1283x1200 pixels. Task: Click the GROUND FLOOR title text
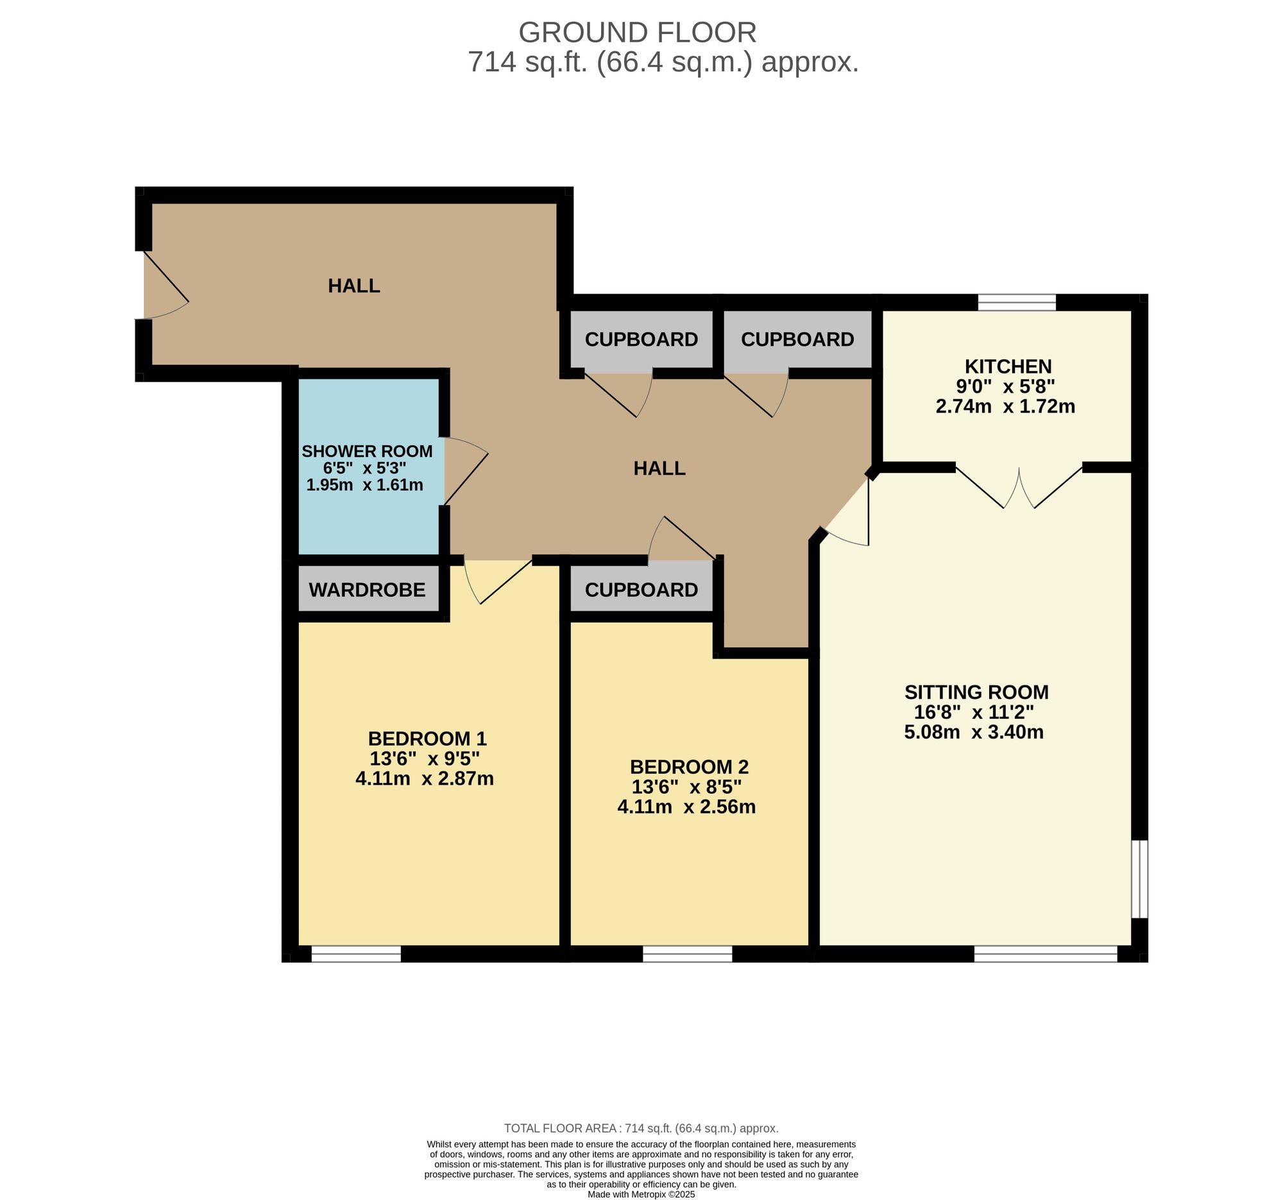[x=637, y=32]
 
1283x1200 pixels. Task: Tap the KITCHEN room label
[x=1007, y=366]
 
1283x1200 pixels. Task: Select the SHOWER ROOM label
[x=366, y=451]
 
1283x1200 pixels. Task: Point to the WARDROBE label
[x=366, y=589]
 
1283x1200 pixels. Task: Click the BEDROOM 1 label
[x=427, y=738]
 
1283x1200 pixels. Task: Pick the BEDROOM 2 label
[x=688, y=767]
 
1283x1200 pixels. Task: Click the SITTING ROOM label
[x=976, y=692]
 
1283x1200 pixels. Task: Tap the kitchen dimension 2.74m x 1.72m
[x=1005, y=407]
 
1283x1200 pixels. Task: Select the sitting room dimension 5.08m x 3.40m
[x=973, y=732]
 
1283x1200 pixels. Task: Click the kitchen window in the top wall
[x=1017, y=302]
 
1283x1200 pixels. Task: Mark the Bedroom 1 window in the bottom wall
[x=355, y=954]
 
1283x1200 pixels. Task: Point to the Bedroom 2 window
[x=687, y=954]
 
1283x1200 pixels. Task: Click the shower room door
[x=464, y=471]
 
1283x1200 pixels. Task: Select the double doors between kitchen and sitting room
[x=1019, y=487]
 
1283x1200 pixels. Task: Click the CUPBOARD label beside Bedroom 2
[x=641, y=589]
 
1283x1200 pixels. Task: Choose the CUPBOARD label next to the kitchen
[x=797, y=339]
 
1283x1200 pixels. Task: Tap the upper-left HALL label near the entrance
[x=353, y=286]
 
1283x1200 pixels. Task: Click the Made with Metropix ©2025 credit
[x=641, y=1195]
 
